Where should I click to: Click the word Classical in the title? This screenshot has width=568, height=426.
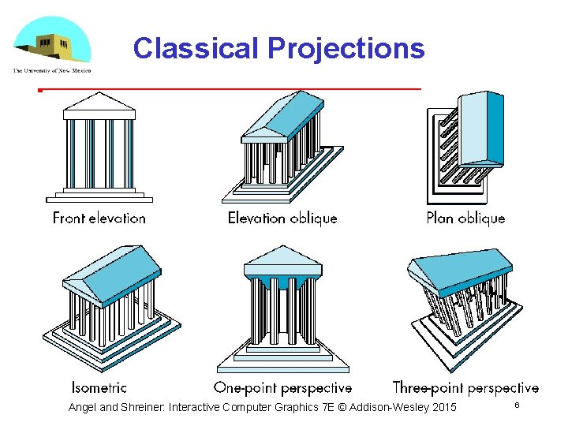[x=196, y=48]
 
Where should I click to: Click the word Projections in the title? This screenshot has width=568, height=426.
[x=346, y=49]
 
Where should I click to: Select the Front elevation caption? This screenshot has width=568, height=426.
[x=99, y=218]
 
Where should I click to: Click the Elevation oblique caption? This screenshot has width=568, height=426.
[x=282, y=218]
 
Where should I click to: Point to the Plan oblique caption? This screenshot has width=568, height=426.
[x=465, y=218]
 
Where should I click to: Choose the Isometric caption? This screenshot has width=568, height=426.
[x=99, y=387]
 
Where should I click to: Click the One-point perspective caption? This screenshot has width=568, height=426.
[x=282, y=387]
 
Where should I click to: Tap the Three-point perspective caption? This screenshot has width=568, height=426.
[x=465, y=387]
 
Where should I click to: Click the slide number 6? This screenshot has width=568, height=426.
[x=517, y=405]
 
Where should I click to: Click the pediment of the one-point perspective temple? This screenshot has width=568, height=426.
[x=282, y=256]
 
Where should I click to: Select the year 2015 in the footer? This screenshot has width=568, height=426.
[x=443, y=407]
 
